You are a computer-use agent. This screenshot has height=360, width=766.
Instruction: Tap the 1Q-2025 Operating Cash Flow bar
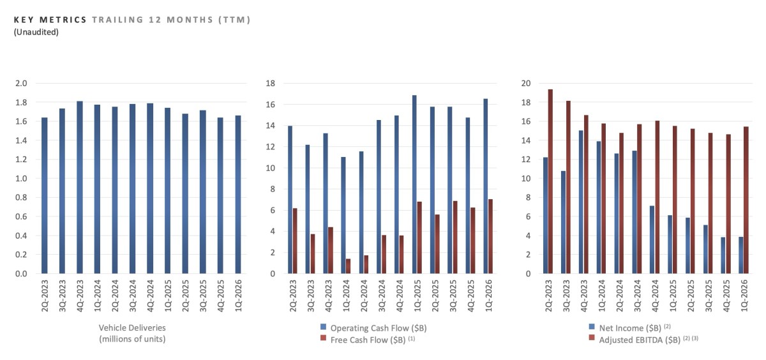pyautogui.click(x=415, y=184)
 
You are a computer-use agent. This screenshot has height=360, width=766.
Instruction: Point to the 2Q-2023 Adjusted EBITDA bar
pyautogui.click(x=550, y=181)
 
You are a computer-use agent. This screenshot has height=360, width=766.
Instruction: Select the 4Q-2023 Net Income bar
pyautogui.click(x=581, y=202)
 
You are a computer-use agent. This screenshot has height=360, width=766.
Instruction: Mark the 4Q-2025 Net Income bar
pyautogui.click(x=723, y=255)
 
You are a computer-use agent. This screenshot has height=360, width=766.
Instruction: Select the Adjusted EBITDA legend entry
pyautogui.click(x=635, y=340)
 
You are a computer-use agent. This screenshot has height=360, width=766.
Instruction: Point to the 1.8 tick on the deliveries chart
pyautogui.click(x=20, y=102)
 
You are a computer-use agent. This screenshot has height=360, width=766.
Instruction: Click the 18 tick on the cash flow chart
pyautogui.click(x=270, y=83)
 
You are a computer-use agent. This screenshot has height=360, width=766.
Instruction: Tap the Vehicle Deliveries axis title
pyautogui.click(x=133, y=333)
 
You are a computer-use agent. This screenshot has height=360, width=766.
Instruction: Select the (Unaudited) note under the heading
pyautogui.click(x=36, y=32)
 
